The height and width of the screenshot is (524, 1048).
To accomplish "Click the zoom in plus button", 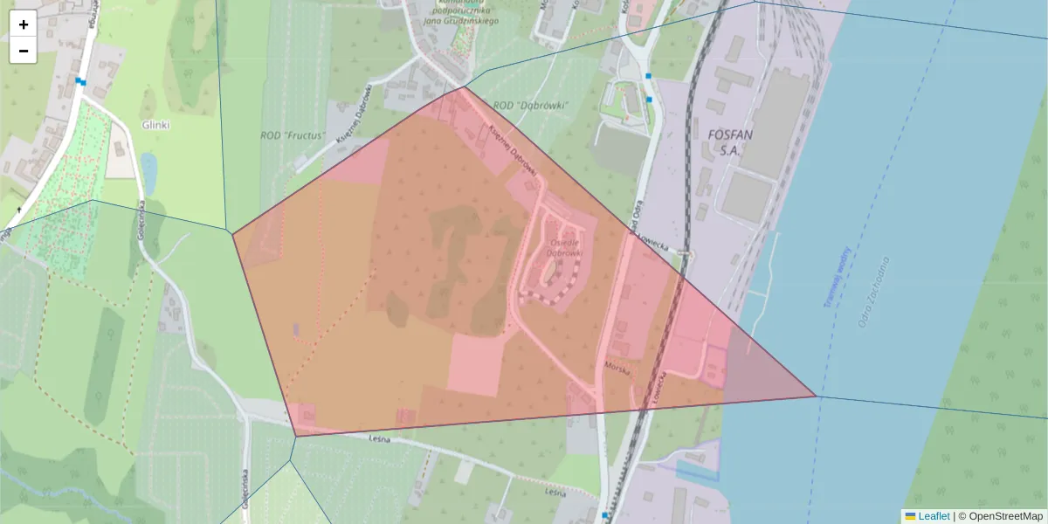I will click(x=24, y=24).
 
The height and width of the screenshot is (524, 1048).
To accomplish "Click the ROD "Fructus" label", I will click(x=293, y=136).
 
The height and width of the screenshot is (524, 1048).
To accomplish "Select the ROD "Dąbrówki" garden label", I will click(x=531, y=106).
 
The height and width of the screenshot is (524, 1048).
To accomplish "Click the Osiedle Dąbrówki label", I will click(x=564, y=247).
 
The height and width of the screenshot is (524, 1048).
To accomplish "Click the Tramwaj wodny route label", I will click(x=836, y=278).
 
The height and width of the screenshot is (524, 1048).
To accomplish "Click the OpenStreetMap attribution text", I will click(x=1005, y=516).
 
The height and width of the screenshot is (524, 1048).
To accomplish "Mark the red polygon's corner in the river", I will click(x=816, y=396).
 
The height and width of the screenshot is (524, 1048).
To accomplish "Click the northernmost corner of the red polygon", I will click(x=464, y=86).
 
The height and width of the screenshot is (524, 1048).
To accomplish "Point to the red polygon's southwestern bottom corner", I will click(x=296, y=435).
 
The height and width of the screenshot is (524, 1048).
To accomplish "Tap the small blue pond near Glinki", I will click(x=148, y=172).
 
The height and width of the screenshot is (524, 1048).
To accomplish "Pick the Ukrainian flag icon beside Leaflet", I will click(x=911, y=516).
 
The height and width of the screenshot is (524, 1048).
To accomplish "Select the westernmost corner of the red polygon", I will click(x=232, y=233).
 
